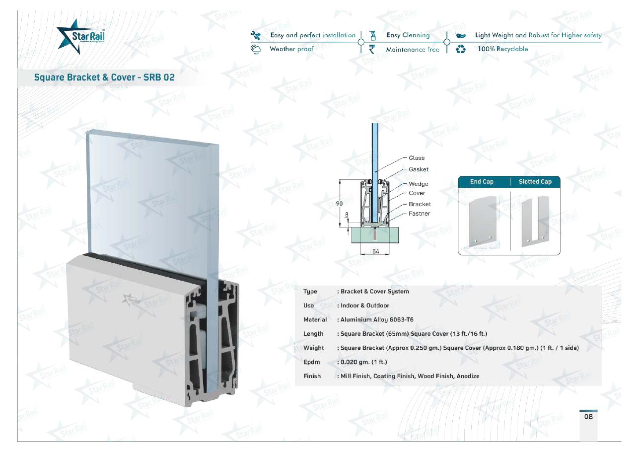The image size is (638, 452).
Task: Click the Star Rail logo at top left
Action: (80, 36)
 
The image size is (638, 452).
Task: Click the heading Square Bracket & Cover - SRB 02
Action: (104, 77)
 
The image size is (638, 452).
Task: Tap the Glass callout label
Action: (417, 158)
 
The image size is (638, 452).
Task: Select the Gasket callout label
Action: (419, 169)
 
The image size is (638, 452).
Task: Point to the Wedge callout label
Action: (418, 184)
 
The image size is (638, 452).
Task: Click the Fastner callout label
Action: (419, 214)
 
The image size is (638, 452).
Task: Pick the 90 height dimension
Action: (339, 204)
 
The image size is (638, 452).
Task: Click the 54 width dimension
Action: (376, 251)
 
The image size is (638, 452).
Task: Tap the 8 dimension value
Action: (347, 214)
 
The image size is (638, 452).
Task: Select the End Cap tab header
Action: (482, 181)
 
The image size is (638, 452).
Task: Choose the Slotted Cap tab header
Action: (535, 181)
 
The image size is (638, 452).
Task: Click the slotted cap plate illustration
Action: (535, 222)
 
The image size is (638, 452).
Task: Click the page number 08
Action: (588, 417)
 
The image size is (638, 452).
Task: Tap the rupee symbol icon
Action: (372, 49)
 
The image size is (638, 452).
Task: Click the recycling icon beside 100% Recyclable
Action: (460, 49)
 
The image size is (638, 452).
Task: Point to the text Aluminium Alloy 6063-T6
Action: (377, 319)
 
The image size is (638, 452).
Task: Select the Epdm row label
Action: (311, 362)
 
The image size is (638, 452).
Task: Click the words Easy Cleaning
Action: (408, 35)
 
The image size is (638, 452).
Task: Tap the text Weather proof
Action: (291, 49)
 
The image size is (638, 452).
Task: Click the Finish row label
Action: (312, 376)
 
